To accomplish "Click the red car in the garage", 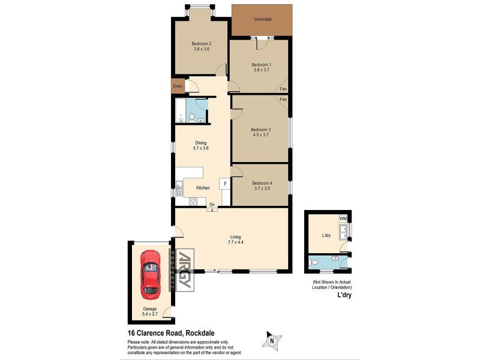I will (151, 274).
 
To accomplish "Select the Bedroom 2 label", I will (201, 43).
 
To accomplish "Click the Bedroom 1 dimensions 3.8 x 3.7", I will (261, 70).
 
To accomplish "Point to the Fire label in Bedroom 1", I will (283, 90).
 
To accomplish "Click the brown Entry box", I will (178, 86).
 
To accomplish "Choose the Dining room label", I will (200, 143).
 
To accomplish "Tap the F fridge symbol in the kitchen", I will (224, 183).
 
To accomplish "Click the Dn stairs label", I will (212, 205).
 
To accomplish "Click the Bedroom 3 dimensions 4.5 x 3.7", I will (261, 136).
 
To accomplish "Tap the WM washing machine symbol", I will (343, 218).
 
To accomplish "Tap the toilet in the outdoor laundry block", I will (315, 262).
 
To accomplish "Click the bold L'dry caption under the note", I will (343, 296).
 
